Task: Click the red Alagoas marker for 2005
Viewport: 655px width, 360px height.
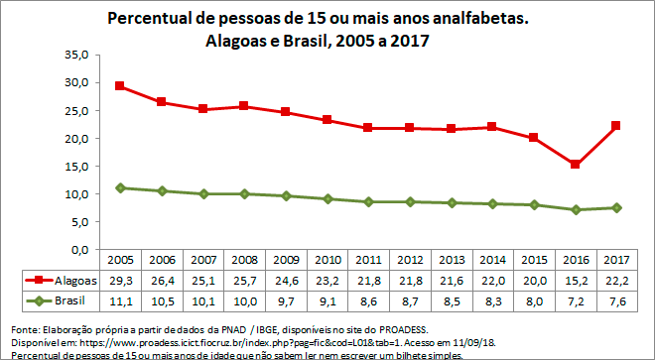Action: (x=119, y=86)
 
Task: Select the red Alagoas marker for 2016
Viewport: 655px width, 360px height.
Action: (x=575, y=165)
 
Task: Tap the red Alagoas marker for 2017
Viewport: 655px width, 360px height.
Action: (x=616, y=125)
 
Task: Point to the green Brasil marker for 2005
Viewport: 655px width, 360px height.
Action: (x=119, y=187)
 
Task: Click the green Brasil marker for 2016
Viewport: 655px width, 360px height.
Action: (x=575, y=209)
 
